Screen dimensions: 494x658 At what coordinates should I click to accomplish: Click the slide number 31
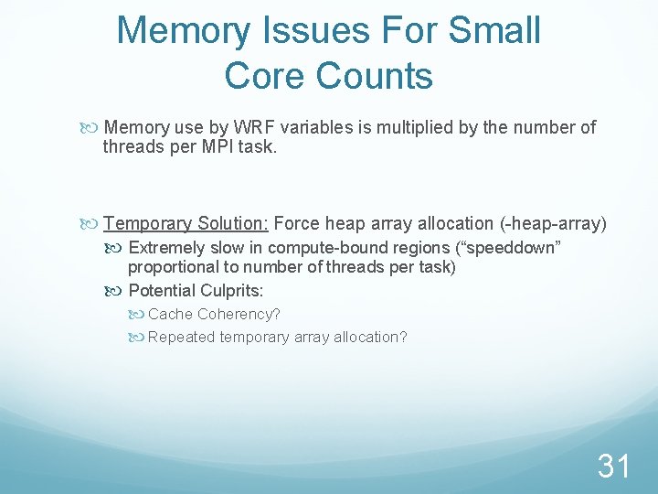click(x=614, y=467)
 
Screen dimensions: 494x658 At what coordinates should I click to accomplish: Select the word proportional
click(x=170, y=267)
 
